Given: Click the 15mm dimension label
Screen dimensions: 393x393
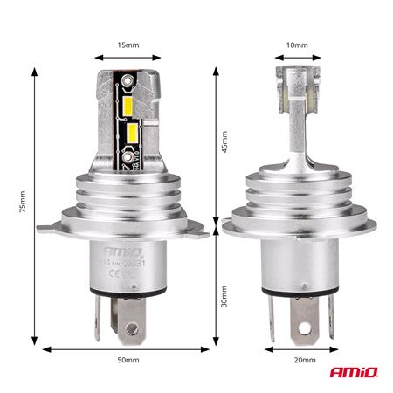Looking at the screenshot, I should pos(128,45).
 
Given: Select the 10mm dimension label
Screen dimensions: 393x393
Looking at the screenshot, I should pos(297,45).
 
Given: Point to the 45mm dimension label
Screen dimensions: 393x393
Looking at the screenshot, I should pos(224,142).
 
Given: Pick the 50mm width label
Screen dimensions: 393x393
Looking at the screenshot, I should pos(128,360).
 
